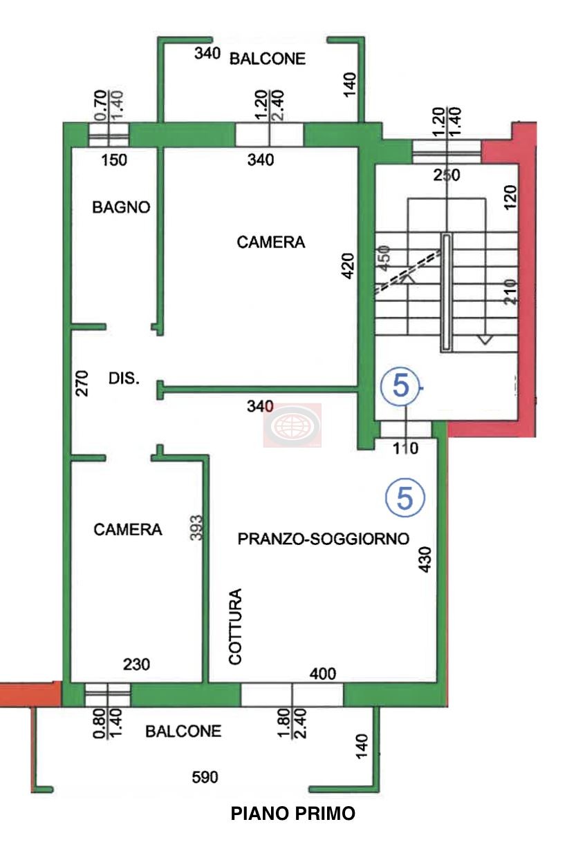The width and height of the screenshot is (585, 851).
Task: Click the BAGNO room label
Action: pyautogui.click(x=121, y=207)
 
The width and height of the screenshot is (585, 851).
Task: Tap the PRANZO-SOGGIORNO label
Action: pyautogui.click(x=324, y=539)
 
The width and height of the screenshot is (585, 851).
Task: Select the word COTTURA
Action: pyautogui.click(x=235, y=627)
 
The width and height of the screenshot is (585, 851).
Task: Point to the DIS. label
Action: pyautogui.click(x=124, y=379)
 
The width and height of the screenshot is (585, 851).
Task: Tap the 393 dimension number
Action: pyautogui.click(x=196, y=527)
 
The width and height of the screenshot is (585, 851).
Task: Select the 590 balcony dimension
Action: pyautogui.click(x=205, y=777)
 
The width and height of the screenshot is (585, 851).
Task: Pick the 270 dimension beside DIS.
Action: pyautogui.click(x=82, y=384)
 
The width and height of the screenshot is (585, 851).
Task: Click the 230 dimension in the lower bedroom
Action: pyautogui.click(x=136, y=664)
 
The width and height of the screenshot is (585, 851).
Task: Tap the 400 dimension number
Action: pyautogui.click(x=323, y=674)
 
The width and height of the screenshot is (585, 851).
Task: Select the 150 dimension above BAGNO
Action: pyautogui.click(x=114, y=160)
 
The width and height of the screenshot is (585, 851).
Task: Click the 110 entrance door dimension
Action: pyautogui.click(x=405, y=448)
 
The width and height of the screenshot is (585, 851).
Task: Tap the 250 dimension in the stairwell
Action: pyautogui.click(x=447, y=175)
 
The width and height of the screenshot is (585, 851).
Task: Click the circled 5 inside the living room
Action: pyautogui.click(x=405, y=497)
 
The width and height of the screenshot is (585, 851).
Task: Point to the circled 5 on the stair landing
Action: pyautogui.click(x=400, y=386)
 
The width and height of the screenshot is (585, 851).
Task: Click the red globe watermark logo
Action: pyautogui.click(x=292, y=425)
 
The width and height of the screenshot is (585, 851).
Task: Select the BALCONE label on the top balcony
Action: pyautogui.click(x=268, y=59)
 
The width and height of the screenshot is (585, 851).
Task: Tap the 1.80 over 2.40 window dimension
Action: pyautogui.click(x=292, y=723)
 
